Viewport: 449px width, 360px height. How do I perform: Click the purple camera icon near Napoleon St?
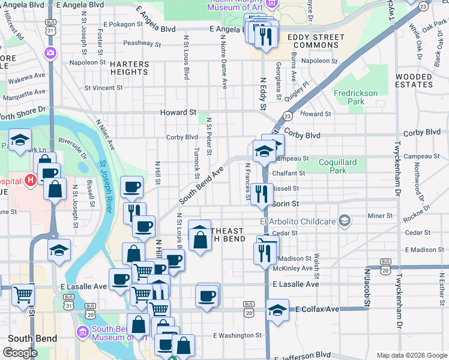tap(50, 53)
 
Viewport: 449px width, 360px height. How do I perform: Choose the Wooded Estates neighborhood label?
tap(414, 80)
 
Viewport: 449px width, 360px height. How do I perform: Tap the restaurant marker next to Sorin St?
tap(261, 193)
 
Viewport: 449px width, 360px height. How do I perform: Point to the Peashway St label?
tap(142, 44)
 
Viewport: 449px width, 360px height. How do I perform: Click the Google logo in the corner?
tap(20, 353)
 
